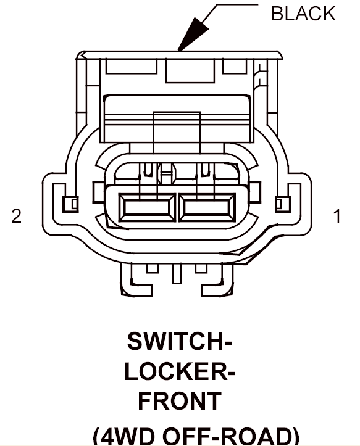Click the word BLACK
pyautogui.click(x=303, y=14)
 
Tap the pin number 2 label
pyautogui.click(x=16, y=216)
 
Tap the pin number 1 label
pyautogui.click(x=338, y=216)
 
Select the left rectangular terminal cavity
pyautogui.click(x=147, y=208)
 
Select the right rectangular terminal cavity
pyautogui.click(x=207, y=208)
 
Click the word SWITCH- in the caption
pyautogui.click(x=180, y=341)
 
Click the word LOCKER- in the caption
pyautogui.click(x=180, y=371)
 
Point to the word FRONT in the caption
pyautogui.click(x=180, y=400)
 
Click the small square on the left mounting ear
pyautogui.click(x=70, y=204)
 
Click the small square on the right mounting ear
pyautogui.click(x=283, y=204)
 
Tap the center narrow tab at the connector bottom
pyautogui.click(x=177, y=274)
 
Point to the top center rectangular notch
pyautogui.click(x=190, y=70)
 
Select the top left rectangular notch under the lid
pyautogui.click(x=132, y=66)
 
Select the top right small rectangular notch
pyautogui.click(x=235, y=66)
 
